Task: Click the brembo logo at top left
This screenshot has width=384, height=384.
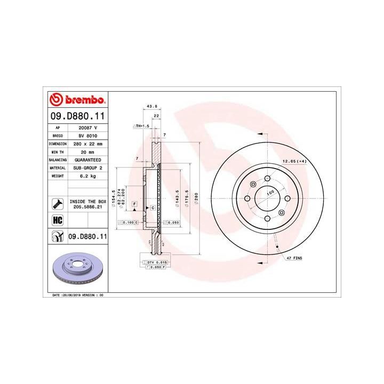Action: click(x=77, y=100)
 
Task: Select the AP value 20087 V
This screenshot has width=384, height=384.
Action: click(x=87, y=129)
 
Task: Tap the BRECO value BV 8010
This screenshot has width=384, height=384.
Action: click(x=87, y=136)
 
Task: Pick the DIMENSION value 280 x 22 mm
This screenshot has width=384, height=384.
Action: click(x=87, y=144)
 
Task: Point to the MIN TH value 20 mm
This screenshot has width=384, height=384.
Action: click(x=87, y=152)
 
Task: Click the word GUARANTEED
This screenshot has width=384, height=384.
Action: click(x=87, y=160)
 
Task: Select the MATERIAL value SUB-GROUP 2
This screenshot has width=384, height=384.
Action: click(x=87, y=167)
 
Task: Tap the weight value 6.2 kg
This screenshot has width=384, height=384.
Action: click(x=87, y=175)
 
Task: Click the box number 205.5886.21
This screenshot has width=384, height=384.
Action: click(x=88, y=206)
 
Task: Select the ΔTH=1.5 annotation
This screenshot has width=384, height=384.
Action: click(x=140, y=126)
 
